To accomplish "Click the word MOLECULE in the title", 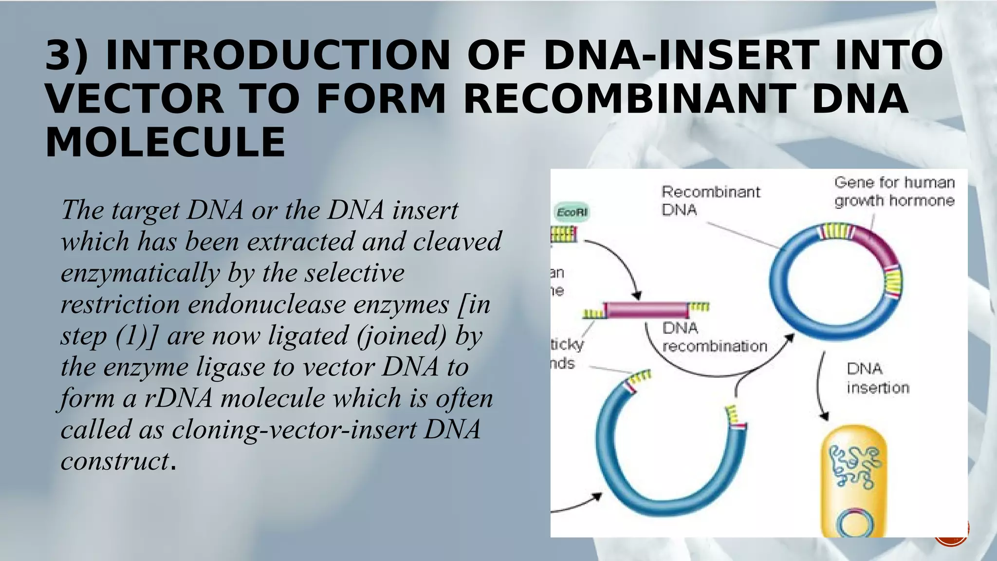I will [165, 142].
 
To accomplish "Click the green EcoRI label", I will [572, 212].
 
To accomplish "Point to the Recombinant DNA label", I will [710, 200].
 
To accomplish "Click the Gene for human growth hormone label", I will [894, 191].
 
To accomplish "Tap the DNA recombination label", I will [714, 337].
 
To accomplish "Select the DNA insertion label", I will [877, 378].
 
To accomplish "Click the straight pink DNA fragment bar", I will [646, 310].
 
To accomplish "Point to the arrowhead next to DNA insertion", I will [824, 416].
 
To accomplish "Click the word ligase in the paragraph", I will [230, 367].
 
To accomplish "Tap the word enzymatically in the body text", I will [140, 273].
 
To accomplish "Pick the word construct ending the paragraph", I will [115, 461].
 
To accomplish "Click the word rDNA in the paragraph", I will [178, 398].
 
